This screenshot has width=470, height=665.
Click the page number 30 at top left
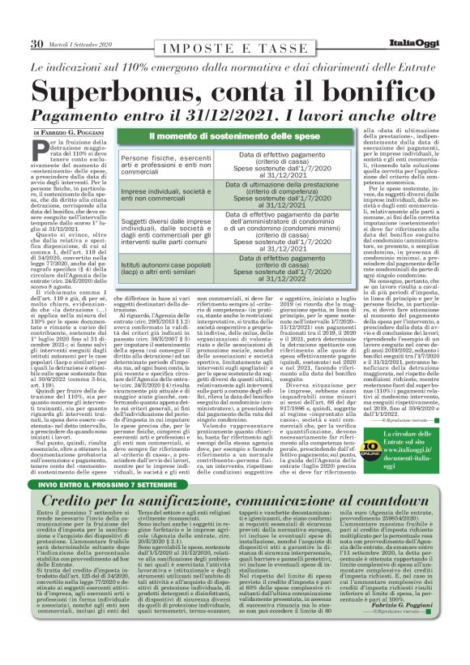[x=36, y=43]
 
